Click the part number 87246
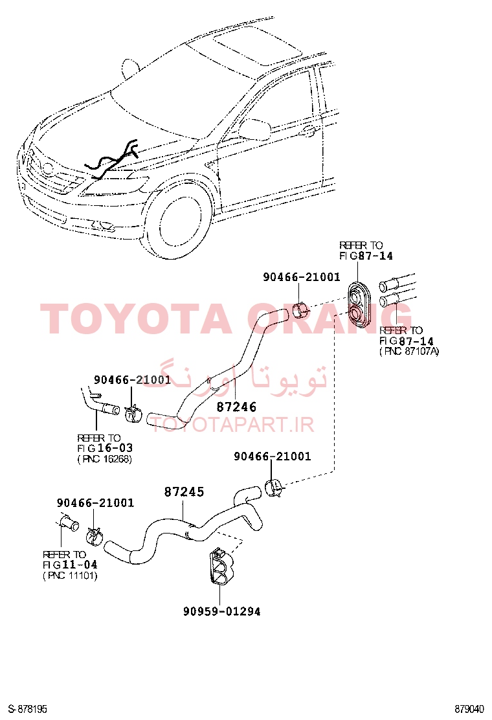[236, 407]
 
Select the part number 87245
[184, 492]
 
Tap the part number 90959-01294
[221, 612]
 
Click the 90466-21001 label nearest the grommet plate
[302, 277]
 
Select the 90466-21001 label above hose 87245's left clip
[95, 503]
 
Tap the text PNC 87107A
[409, 352]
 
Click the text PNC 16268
[105, 459]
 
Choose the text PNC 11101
[70, 576]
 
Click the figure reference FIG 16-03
[105, 448]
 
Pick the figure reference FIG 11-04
[70, 565]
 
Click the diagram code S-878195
[28, 710]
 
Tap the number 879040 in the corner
[469, 710]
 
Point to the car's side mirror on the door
[255, 129]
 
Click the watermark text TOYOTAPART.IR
[232, 425]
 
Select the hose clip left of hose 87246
[133, 412]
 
